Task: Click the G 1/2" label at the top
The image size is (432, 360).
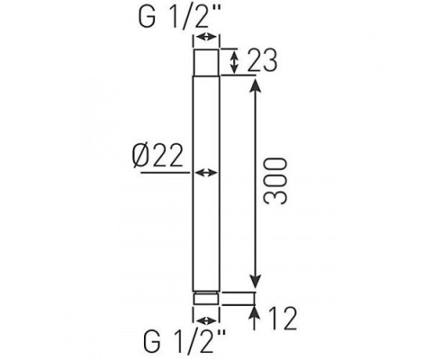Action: click(x=179, y=17)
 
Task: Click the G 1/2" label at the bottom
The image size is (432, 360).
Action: click(x=185, y=341)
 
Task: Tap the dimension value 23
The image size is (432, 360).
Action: click(x=262, y=60)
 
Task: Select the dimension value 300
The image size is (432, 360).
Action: click(x=275, y=181)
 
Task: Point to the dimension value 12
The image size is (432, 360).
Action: click(x=282, y=319)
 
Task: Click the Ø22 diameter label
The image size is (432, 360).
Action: click(x=157, y=156)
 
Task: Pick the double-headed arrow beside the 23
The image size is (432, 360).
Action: click(x=234, y=63)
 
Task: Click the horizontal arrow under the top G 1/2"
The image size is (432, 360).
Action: click(x=206, y=37)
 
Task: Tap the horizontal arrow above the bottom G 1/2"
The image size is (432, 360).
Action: click(x=207, y=321)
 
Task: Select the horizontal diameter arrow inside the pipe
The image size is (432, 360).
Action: click(x=206, y=173)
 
